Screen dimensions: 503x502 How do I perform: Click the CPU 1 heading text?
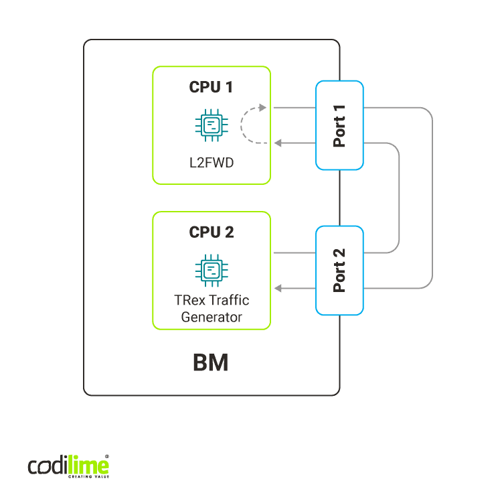click(x=212, y=88)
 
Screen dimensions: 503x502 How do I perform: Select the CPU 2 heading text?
click(x=212, y=232)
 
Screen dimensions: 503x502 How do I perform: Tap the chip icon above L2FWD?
click(x=212, y=125)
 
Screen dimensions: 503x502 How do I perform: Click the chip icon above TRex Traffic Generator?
click(x=212, y=269)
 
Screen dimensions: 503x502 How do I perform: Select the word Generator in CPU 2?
click(x=212, y=317)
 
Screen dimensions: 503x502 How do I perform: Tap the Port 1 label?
click(x=340, y=125)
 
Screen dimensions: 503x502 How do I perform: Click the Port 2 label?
click(x=340, y=270)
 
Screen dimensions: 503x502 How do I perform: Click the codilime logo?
click(x=68, y=466)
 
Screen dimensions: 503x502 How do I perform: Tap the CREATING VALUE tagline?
click(x=88, y=477)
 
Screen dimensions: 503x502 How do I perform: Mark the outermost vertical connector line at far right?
click(x=432, y=198)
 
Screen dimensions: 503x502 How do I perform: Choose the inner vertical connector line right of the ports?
click(x=400, y=198)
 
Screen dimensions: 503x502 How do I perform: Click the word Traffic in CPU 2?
click(x=232, y=301)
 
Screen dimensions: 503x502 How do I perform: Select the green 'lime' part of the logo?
click(x=88, y=465)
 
